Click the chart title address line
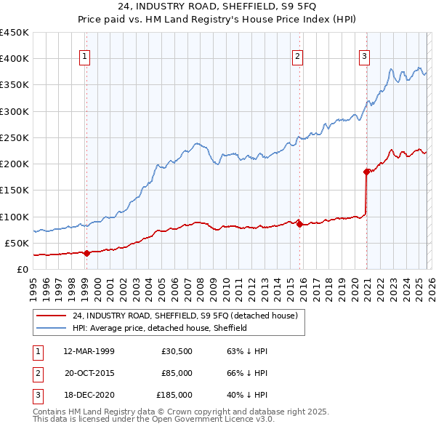pos(217,7)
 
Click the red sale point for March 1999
pos(86,253)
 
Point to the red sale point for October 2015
pos(299,225)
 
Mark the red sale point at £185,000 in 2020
pos(366,172)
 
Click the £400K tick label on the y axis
pos(15,59)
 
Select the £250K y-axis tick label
pos(15,137)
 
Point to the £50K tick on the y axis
pos(17,243)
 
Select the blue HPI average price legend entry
pos(159,328)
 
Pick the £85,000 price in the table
pos(177,373)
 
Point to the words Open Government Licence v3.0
pos(217,420)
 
